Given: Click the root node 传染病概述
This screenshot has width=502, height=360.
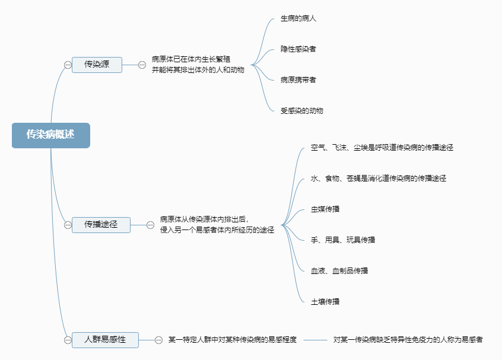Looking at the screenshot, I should click(x=50, y=135).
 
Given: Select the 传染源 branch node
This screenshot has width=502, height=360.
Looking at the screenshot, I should click(x=97, y=65).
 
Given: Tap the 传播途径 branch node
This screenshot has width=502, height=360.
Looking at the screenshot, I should click(x=101, y=225).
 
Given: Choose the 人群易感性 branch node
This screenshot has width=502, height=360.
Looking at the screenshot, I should click(x=105, y=340).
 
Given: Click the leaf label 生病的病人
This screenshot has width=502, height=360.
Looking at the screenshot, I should click(x=298, y=18).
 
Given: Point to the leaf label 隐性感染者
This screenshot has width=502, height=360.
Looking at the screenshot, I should click(x=298, y=49).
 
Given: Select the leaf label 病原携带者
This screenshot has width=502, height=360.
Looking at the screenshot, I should click(x=298, y=79).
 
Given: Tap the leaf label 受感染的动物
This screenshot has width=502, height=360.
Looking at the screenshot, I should click(x=302, y=110).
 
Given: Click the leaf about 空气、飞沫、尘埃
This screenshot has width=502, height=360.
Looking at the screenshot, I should click(x=382, y=147).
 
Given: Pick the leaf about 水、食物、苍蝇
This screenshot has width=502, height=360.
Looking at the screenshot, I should click(x=378, y=178).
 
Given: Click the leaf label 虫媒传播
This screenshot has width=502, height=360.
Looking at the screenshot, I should click(x=325, y=209).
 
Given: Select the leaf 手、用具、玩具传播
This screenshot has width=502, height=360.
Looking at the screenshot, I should click(x=343, y=240).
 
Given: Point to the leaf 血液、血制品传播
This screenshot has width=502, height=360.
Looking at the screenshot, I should click(x=339, y=270).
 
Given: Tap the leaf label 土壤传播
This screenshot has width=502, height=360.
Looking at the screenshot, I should click(x=325, y=301).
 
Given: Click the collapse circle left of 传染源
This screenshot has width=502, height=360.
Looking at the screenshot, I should click(x=68, y=65).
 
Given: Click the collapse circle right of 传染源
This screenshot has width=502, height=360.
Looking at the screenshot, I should click(x=142, y=65).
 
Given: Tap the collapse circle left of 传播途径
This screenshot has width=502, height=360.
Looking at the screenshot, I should click(x=68, y=225).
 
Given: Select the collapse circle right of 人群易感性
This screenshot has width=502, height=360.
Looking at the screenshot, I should click(x=158, y=340).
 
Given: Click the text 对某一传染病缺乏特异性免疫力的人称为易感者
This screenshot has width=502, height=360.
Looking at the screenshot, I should click(x=408, y=340).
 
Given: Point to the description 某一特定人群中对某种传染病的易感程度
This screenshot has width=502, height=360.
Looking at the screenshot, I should click(x=233, y=340).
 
